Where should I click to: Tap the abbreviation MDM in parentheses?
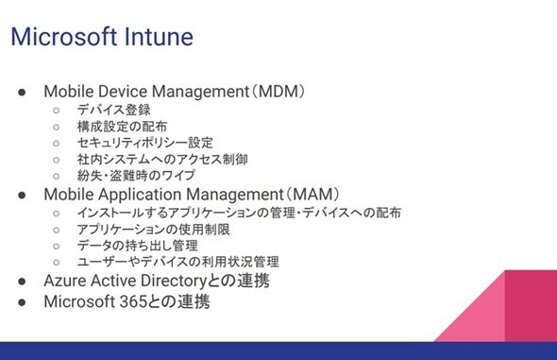(x=278, y=92)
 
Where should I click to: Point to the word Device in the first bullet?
(x=123, y=92)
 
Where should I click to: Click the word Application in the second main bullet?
(x=140, y=195)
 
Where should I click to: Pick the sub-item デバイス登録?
(x=113, y=110)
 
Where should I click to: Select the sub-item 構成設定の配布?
(x=122, y=127)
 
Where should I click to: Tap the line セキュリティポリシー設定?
(x=145, y=143)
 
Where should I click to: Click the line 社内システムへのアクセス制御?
(x=162, y=159)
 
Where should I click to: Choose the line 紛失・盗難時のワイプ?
(x=136, y=175)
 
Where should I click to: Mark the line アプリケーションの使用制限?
(x=154, y=230)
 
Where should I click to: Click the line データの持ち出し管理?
(x=137, y=246)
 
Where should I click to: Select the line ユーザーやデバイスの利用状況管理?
(x=178, y=262)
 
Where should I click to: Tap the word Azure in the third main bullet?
(x=65, y=281)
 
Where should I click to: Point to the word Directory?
(x=174, y=282)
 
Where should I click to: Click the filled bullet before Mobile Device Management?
(x=22, y=93)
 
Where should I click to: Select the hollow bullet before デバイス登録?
(x=56, y=111)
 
